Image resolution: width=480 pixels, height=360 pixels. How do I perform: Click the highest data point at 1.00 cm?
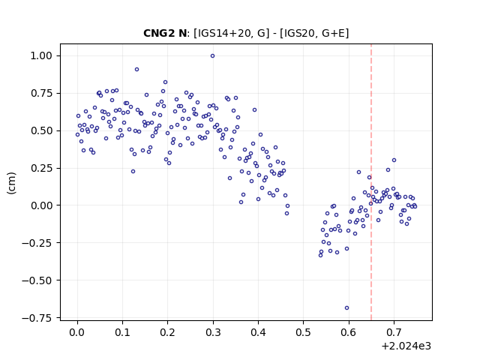tap(212, 56)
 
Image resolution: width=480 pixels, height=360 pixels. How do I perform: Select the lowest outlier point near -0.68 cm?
tap(346, 308)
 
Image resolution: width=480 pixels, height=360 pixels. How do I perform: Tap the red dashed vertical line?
tap(371, 182)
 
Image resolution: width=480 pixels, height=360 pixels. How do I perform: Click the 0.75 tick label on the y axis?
tap(41, 93)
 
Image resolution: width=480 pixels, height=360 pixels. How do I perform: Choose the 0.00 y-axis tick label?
tap(41, 205)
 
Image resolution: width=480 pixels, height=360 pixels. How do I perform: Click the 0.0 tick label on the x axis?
tap(77, 332)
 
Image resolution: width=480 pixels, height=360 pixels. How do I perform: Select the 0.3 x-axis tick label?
tap(213, 332)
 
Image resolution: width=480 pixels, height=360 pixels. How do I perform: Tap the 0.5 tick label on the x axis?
tap(303, 332)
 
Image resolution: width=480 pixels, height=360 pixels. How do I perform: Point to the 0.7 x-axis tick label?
tap(394, 332)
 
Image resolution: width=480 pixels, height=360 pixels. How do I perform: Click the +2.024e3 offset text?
tap(406, 346)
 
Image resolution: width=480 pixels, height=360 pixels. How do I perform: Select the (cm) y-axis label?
tap(12, 183)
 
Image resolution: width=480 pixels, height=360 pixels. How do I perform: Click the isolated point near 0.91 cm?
tap(136, 70)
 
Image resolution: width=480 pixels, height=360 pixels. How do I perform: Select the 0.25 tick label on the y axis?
tap(41, 168)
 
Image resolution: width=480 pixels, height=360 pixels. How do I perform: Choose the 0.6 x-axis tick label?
tap(349, 332)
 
